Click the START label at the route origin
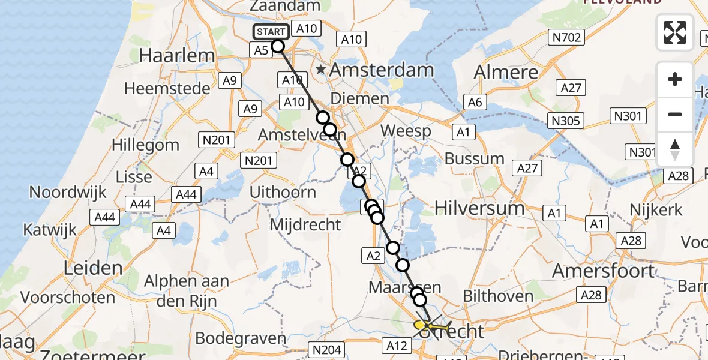tap(272, 32)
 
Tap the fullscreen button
tap(675, 32)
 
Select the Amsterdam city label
tap(382, 70)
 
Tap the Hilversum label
tap(479, 208)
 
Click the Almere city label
tap(506, 72)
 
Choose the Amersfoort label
tap(603, 271)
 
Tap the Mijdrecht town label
tap(306, 225)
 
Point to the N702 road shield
tap(565, 38)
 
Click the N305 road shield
tap(566, 121)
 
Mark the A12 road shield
tap(397, 345)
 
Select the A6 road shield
tap(474, 102)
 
